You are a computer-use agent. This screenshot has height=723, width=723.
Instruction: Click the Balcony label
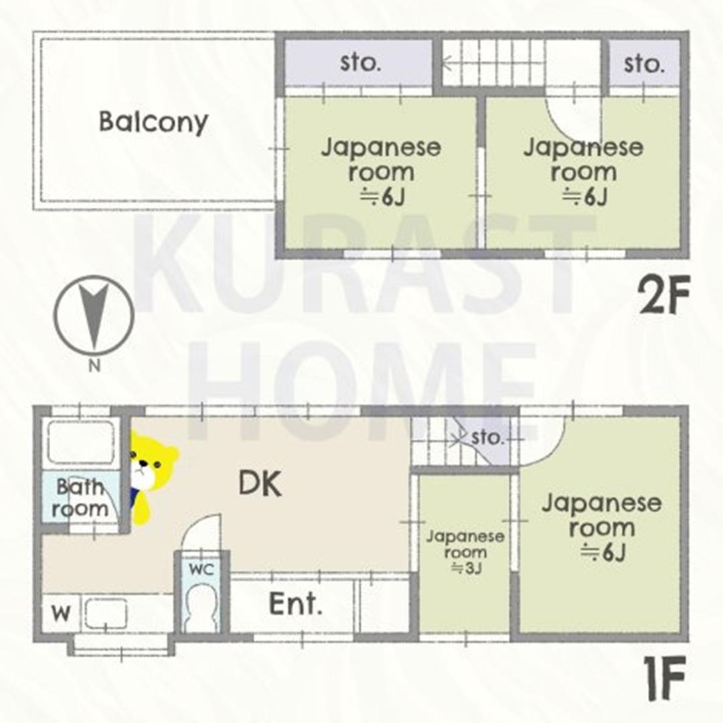pos(153,122)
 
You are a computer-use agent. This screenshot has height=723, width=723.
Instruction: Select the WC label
pos(202,570)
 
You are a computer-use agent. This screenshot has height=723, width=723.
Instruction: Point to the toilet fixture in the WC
pos(201,607)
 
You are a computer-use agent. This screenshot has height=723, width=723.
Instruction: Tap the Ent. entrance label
pos(295,604)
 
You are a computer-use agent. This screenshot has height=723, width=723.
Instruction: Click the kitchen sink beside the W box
pos(106,614)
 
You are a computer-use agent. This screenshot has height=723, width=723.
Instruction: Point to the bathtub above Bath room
pos(81,443)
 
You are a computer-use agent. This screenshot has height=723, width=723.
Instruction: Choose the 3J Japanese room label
pos(465,552)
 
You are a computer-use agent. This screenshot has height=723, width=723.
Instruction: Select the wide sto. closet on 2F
pos(359,63)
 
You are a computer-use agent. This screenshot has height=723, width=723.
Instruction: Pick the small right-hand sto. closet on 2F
pos(644,63)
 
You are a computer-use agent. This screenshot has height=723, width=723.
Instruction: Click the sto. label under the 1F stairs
pos(487,436)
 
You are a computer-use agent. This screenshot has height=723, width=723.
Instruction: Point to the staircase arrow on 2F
pos(493,64)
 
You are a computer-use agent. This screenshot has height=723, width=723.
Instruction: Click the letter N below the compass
pos(94,367)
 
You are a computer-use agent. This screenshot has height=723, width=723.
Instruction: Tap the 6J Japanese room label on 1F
pos(602,528)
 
